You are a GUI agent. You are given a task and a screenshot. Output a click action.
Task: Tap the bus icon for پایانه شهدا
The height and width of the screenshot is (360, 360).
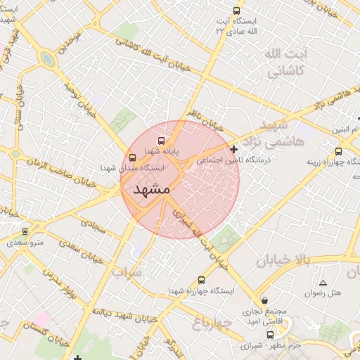[162, 141]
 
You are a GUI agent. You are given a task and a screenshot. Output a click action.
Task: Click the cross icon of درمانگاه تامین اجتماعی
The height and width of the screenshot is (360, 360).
[233, 149]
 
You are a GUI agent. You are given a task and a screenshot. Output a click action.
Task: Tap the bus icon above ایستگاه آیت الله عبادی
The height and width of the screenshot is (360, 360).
[236, 11]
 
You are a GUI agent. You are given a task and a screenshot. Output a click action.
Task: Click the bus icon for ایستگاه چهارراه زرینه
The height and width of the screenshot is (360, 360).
[339, 150]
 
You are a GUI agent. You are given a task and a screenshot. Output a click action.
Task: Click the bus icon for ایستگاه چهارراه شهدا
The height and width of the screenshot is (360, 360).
[202, 279]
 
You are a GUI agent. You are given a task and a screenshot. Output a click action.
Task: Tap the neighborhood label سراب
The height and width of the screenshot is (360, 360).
[127, 271]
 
